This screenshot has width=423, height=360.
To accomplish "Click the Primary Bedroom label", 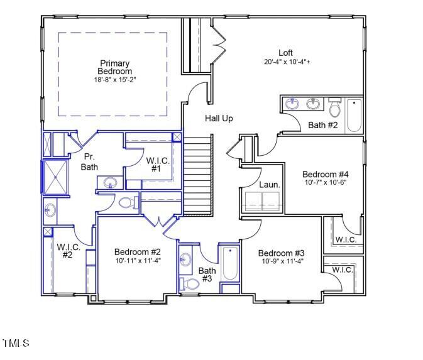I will pos(114,67).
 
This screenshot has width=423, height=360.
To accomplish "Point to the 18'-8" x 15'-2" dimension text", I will pos(114,80).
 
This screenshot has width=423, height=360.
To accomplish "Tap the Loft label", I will pos(286,53).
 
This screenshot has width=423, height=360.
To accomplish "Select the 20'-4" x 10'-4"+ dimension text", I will pos(287,62).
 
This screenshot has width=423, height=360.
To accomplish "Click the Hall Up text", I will pos(219,118).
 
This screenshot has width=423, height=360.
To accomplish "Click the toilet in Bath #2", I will pos(334,109).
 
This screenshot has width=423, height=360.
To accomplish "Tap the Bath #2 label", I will pos(323,126).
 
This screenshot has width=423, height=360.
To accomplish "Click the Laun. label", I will pos(269,185).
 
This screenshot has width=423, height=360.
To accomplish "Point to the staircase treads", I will pos(198,178).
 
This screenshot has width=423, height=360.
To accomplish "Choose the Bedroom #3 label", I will pos(281,253).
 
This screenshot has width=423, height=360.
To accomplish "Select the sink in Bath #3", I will pos(185,259).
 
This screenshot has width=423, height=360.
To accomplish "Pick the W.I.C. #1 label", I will pos(157,165).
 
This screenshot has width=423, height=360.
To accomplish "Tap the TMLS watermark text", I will pos(16,343).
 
